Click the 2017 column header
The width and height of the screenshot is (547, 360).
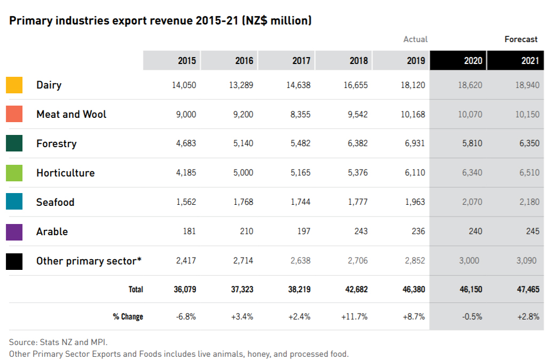pos(301,61)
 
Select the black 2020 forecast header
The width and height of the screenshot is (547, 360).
pos(473,61)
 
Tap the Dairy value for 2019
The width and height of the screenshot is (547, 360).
pos(413,85)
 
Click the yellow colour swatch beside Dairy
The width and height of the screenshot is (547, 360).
pos(14,85)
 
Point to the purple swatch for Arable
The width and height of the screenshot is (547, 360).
pos(14,231)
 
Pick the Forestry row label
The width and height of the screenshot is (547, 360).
pos(56,143)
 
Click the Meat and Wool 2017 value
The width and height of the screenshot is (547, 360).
pos(301,114)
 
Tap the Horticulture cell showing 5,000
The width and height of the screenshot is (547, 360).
pos(243,173)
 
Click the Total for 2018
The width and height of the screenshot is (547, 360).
pos(354,289)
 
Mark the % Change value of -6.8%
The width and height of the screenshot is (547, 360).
pos(186,316)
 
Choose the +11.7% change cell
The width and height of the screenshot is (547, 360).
pos(354,316)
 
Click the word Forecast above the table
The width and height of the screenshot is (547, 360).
pos(521,39)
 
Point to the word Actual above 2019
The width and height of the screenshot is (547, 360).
pos(415,39)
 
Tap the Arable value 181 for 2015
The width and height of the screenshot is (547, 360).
pos(189,231)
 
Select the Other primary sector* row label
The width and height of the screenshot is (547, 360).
pos(89,261)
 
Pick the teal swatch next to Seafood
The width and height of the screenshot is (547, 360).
pos(14,202)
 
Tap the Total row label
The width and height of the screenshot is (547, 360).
pos(136,289)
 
